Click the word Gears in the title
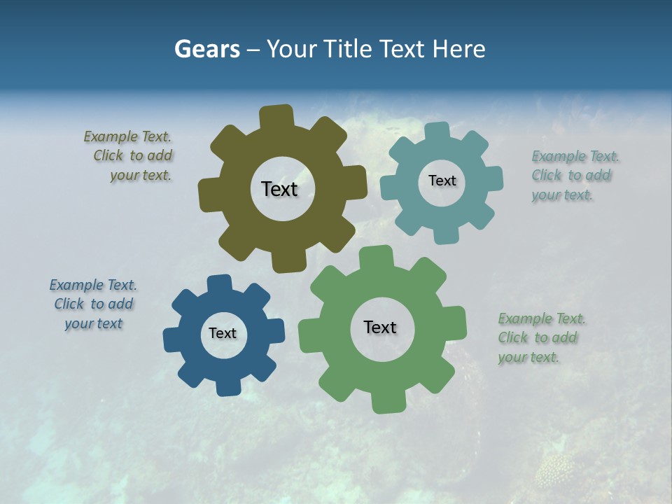tap(206, 49)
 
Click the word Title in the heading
tap(346, 49)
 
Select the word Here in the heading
tap(458, 49)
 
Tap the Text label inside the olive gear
tap(279, 189)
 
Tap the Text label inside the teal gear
tap(442, 181)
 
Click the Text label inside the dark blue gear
tap(223, 333)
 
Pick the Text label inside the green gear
tap(380, 327)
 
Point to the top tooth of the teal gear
tap(437, 131)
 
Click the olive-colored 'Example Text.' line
tap(127, 136)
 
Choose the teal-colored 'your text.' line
tap(562, 195)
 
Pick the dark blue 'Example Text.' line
tap(93, 285)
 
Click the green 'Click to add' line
tap(538, 337)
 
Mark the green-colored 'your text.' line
tap(528, 357)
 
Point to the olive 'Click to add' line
tap(133, 155)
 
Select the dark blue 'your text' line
tap(93, 323)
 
